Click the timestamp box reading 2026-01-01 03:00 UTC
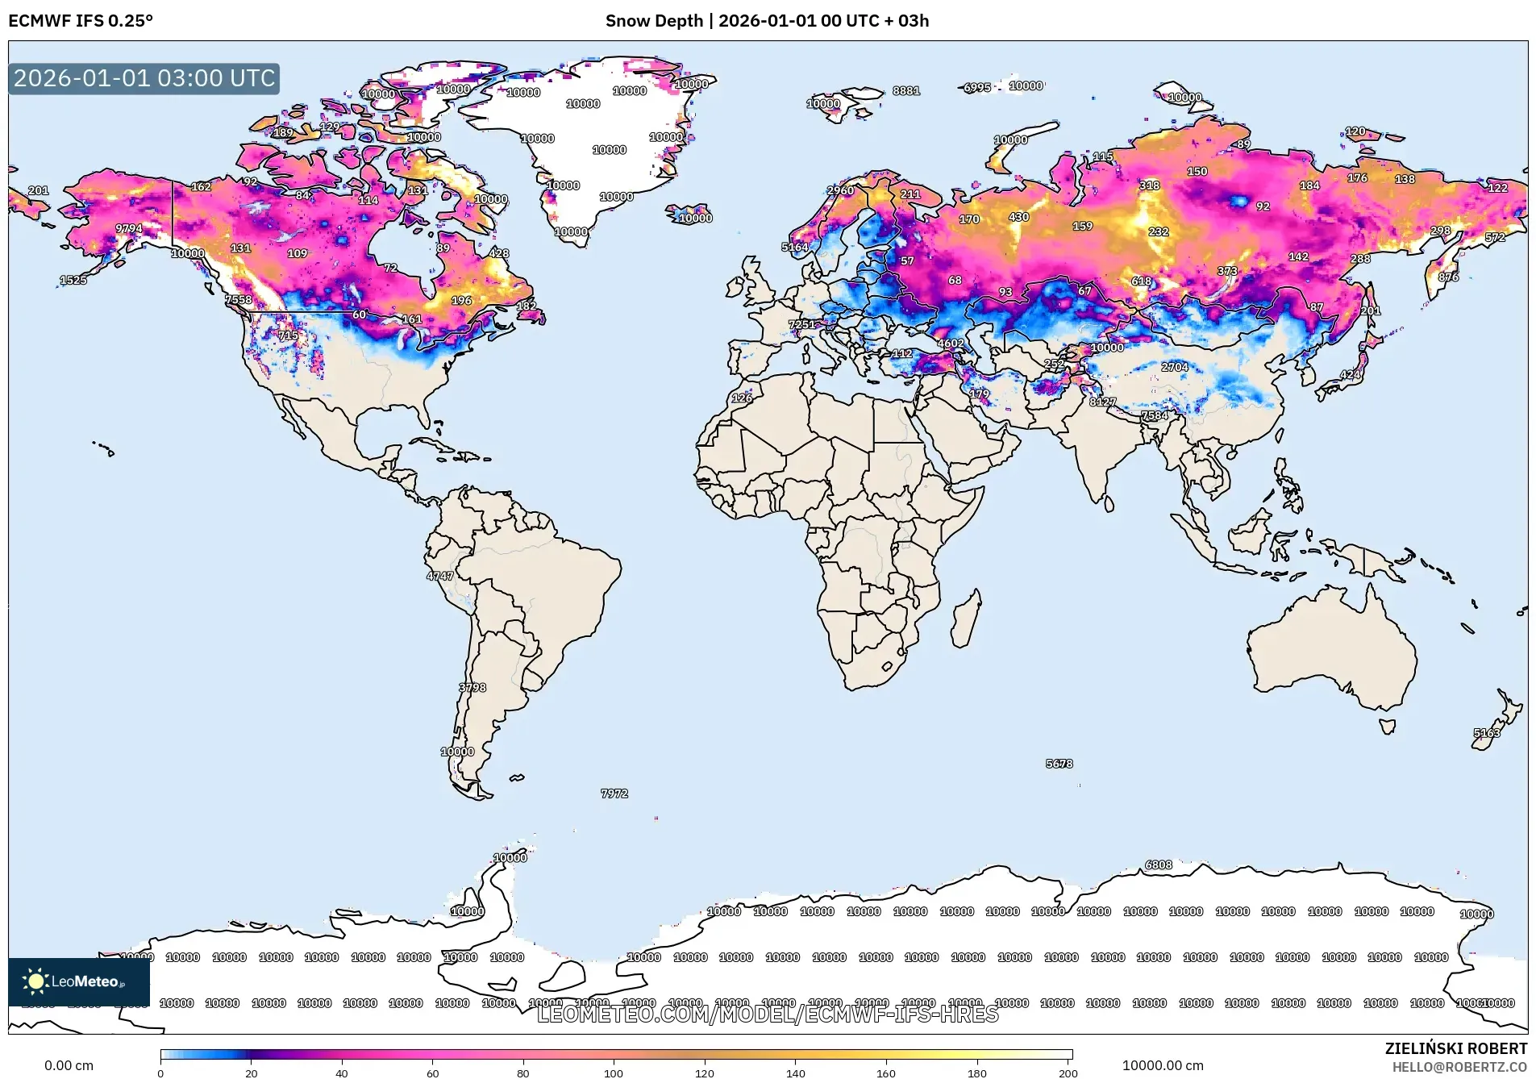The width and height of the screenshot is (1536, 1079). coord(144,78)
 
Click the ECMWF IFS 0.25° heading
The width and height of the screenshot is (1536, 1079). coord(81,21)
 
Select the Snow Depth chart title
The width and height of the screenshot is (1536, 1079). coord(767,21)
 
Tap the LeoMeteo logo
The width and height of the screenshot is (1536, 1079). coord(78,981)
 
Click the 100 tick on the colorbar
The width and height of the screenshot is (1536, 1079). coord(614,1073)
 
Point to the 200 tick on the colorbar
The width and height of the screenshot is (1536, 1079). coord(1068,1073)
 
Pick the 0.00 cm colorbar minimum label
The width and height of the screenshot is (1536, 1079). coord(69,1065)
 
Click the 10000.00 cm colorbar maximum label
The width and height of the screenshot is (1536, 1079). coord(1162,1065)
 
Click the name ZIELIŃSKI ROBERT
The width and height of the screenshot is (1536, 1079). coord(1455,1048)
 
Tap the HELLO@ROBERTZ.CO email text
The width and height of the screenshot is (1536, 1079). coord(1459,1067)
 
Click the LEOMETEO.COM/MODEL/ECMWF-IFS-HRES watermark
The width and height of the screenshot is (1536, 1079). coord(767,1014)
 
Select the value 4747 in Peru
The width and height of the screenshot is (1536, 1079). coord(440,576)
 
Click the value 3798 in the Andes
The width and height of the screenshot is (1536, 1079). coord(472,688)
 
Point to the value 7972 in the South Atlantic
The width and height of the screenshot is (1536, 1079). coord(614,794)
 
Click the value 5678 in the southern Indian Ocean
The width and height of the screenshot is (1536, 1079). coord(1059,763)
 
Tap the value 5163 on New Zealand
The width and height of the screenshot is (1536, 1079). coord(1487,733)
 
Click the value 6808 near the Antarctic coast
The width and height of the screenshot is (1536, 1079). coord(1159,864)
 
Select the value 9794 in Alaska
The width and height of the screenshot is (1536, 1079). coord(129,228)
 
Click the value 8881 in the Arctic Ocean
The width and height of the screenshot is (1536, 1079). coord(906,90)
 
